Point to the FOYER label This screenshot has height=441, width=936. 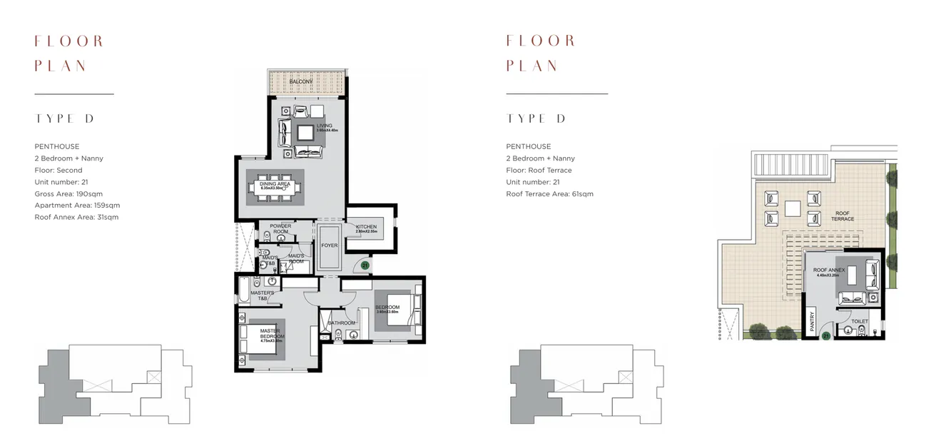(x=329, y=245)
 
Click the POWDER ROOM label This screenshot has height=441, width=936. (x=280, y=229)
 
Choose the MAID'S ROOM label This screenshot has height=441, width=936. (x=296, y=257)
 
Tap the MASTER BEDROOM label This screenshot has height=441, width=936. (x=270, y=333)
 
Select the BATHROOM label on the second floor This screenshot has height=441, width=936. (x=342, y=323)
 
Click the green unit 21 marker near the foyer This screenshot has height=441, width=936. (x=365, y=265)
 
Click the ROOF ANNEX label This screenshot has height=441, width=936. (x=829, y=271)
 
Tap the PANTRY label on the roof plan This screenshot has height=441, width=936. (x=812, y=323)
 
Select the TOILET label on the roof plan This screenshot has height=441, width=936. (x=860, y=322)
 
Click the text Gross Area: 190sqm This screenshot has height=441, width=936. (x=68, y=193)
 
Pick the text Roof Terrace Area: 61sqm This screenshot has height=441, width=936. (x=549, y=194)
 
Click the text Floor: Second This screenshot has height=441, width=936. (x=58, y=171)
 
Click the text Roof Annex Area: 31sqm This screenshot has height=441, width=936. (x=76, y=217)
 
